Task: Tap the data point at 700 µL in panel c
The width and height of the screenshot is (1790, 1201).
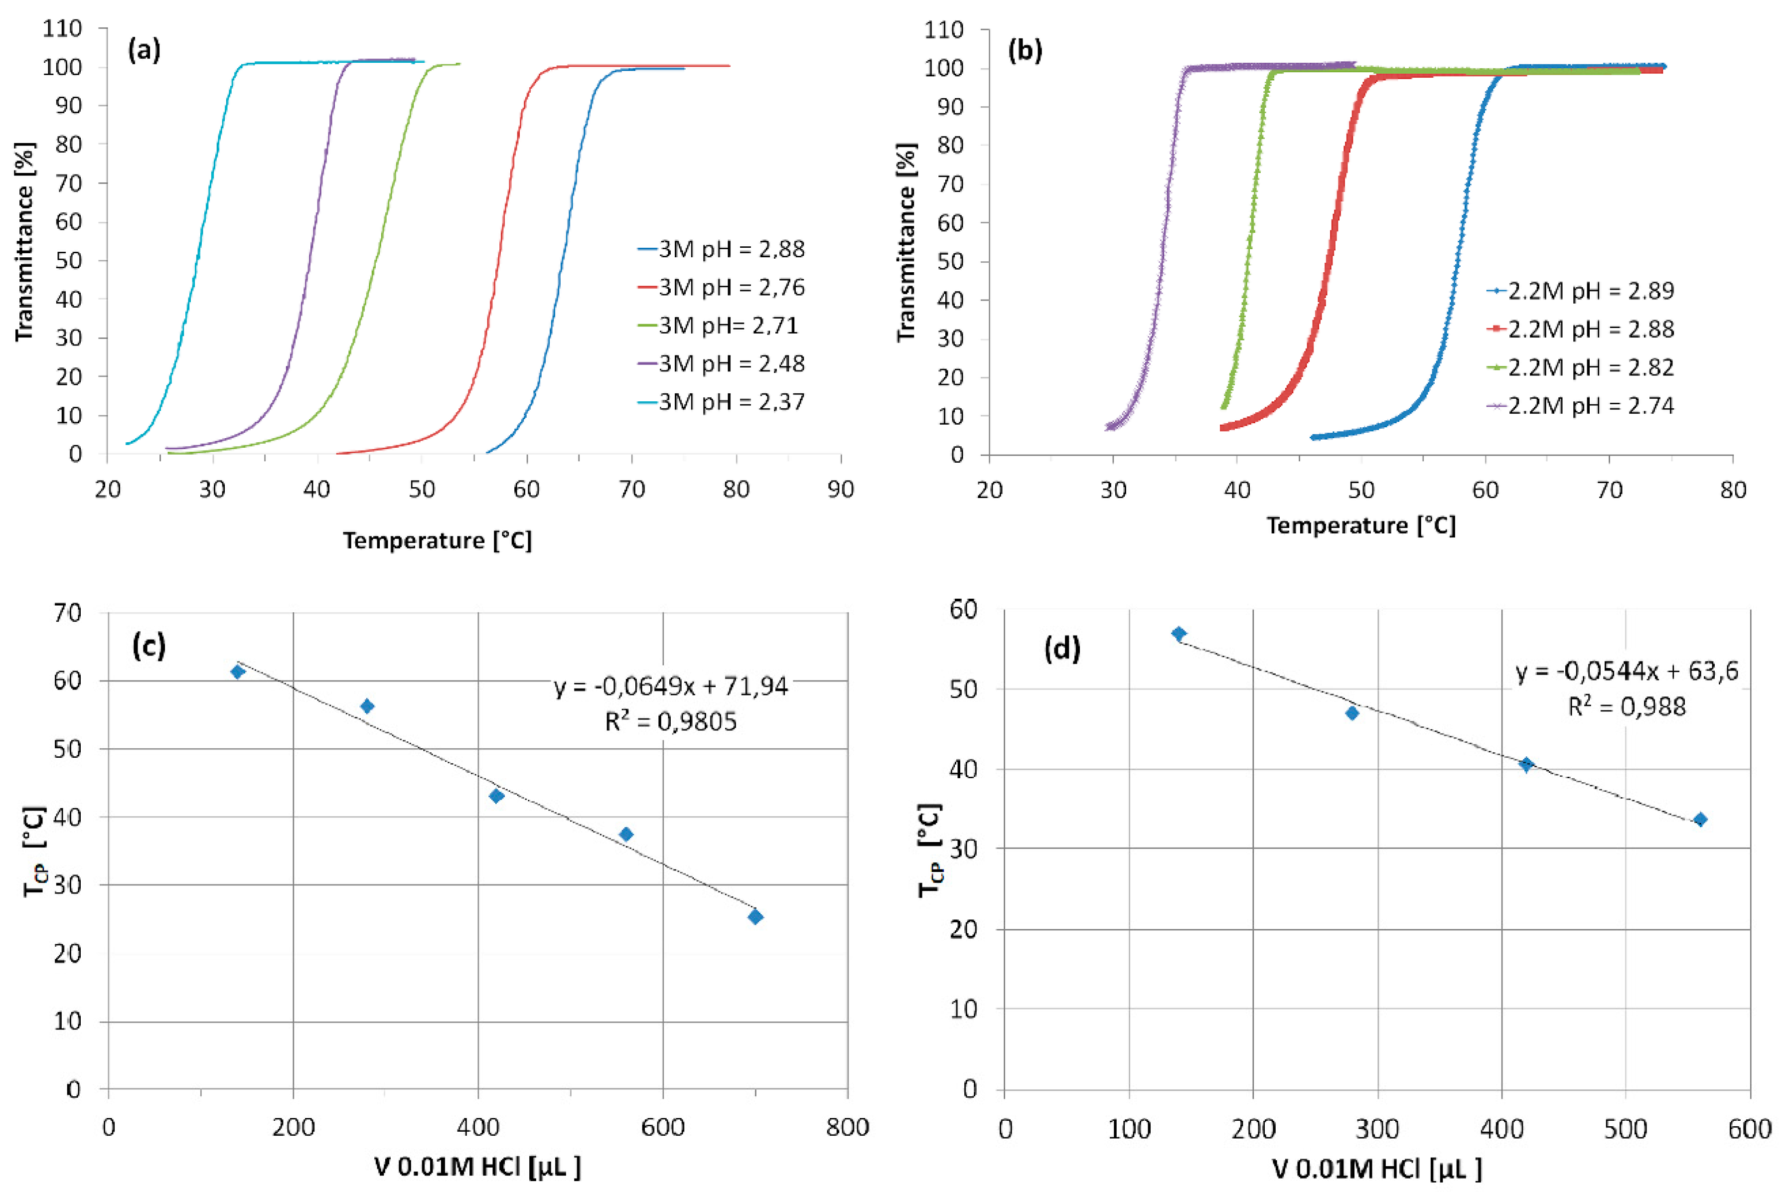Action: click(755, 917)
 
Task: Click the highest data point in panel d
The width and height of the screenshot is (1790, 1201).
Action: click(1179, 634)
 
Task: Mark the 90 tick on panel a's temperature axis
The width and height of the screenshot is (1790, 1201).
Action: click(841, 489)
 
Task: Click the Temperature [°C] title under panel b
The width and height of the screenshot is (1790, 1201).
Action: click(1360, 525)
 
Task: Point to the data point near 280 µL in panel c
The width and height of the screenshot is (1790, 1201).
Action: click(367, 706)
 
